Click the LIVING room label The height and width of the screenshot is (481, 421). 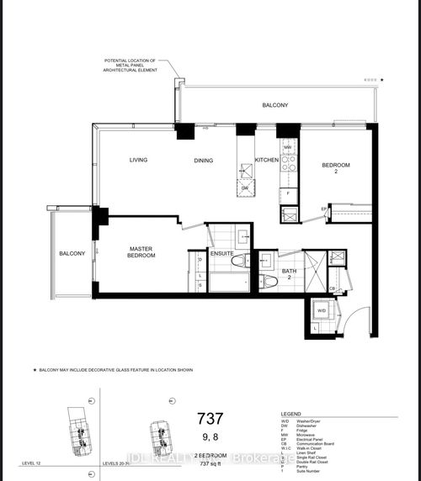(x=139, y=160)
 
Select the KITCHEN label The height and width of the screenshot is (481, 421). (x=267, y=160)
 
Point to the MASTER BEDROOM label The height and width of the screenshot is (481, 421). (x=141, y=252)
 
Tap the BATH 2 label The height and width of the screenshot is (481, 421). (x=289, y=273)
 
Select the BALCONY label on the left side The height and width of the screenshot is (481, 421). (x=71, y=253)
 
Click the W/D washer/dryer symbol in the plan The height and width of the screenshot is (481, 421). (x=322, y=311)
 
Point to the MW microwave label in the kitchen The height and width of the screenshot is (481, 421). (x=287, y=146)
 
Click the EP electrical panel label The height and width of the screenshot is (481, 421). (x=323, y=208)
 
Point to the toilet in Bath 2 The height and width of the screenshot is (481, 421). (x=264, y=278)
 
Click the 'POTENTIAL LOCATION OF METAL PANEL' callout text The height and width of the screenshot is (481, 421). (x=136, y=65)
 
